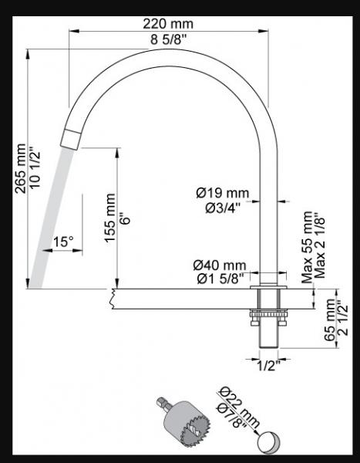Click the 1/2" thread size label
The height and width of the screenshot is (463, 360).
click(267, 366)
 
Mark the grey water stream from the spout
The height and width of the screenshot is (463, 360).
click(50, 216)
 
